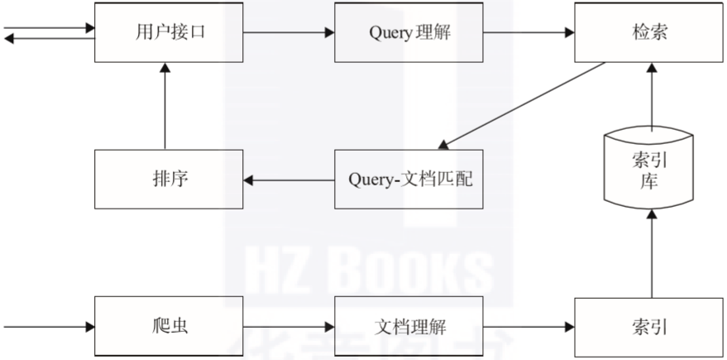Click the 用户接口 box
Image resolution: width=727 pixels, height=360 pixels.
169,32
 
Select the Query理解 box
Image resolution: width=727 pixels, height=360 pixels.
409,32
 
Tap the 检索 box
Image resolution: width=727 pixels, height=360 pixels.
648,32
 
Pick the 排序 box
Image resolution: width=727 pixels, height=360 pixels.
169,179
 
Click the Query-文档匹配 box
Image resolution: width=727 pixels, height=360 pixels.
409,179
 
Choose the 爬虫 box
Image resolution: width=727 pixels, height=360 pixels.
169,327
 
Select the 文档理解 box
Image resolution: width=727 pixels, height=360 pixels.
409,327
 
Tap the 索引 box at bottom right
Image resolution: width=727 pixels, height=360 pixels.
648,327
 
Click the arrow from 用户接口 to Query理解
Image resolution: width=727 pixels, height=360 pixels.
289,32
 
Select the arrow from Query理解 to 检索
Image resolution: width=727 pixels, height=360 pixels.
529,32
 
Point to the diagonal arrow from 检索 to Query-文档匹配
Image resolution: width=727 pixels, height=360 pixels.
522,106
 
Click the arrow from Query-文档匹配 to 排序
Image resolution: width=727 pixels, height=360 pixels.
289,180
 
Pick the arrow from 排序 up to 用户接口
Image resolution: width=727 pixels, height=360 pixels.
165,106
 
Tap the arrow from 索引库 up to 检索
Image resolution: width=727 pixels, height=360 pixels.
652,97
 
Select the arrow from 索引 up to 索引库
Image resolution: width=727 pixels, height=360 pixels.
652,253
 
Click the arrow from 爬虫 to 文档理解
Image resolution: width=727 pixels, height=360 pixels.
289,327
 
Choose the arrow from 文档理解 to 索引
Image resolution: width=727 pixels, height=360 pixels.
529,327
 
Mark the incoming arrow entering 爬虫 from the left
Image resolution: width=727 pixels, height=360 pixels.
49,327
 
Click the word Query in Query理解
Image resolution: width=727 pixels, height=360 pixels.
390,33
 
